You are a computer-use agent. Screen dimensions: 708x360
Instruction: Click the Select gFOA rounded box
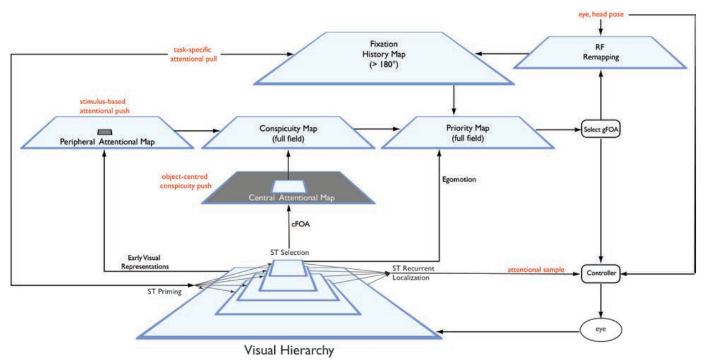tap(601, 129)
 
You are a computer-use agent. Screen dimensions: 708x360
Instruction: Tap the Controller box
tap(601, 273)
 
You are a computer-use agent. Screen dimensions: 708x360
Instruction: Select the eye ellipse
tap(601, 330)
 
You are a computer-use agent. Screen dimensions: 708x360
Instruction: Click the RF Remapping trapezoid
tap(600, 53)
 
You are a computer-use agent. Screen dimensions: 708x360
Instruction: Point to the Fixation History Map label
tap(384, 54)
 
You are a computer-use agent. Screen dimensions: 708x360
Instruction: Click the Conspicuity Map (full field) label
tap(288, 133)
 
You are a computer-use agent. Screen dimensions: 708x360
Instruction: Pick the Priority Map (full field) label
tap(468, 133)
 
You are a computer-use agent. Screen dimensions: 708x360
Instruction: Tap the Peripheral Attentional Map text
tap(107, 142)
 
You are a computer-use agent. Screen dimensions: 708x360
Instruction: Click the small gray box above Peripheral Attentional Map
tap(105, 132)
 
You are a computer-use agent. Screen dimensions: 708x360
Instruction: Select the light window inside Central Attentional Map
tap(289, 187)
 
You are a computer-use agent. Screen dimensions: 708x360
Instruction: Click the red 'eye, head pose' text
tap(601, 14)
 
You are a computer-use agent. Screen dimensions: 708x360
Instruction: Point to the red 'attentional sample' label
tap(536, 270)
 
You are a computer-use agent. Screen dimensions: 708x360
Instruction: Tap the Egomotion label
tap(459, 179)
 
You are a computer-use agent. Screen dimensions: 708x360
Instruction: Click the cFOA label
tap(300, 224)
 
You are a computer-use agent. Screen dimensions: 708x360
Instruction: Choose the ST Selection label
tap(290, 252)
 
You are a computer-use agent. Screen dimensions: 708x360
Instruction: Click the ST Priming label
tap(165, 291)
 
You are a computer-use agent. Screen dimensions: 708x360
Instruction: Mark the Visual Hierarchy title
tap(289, 350)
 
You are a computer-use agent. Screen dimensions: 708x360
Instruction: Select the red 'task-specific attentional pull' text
tap(193, 54)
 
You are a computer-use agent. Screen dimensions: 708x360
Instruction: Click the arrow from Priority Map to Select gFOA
tap(558, 130)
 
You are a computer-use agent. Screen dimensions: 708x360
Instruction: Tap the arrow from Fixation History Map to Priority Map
tap(454, 100)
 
